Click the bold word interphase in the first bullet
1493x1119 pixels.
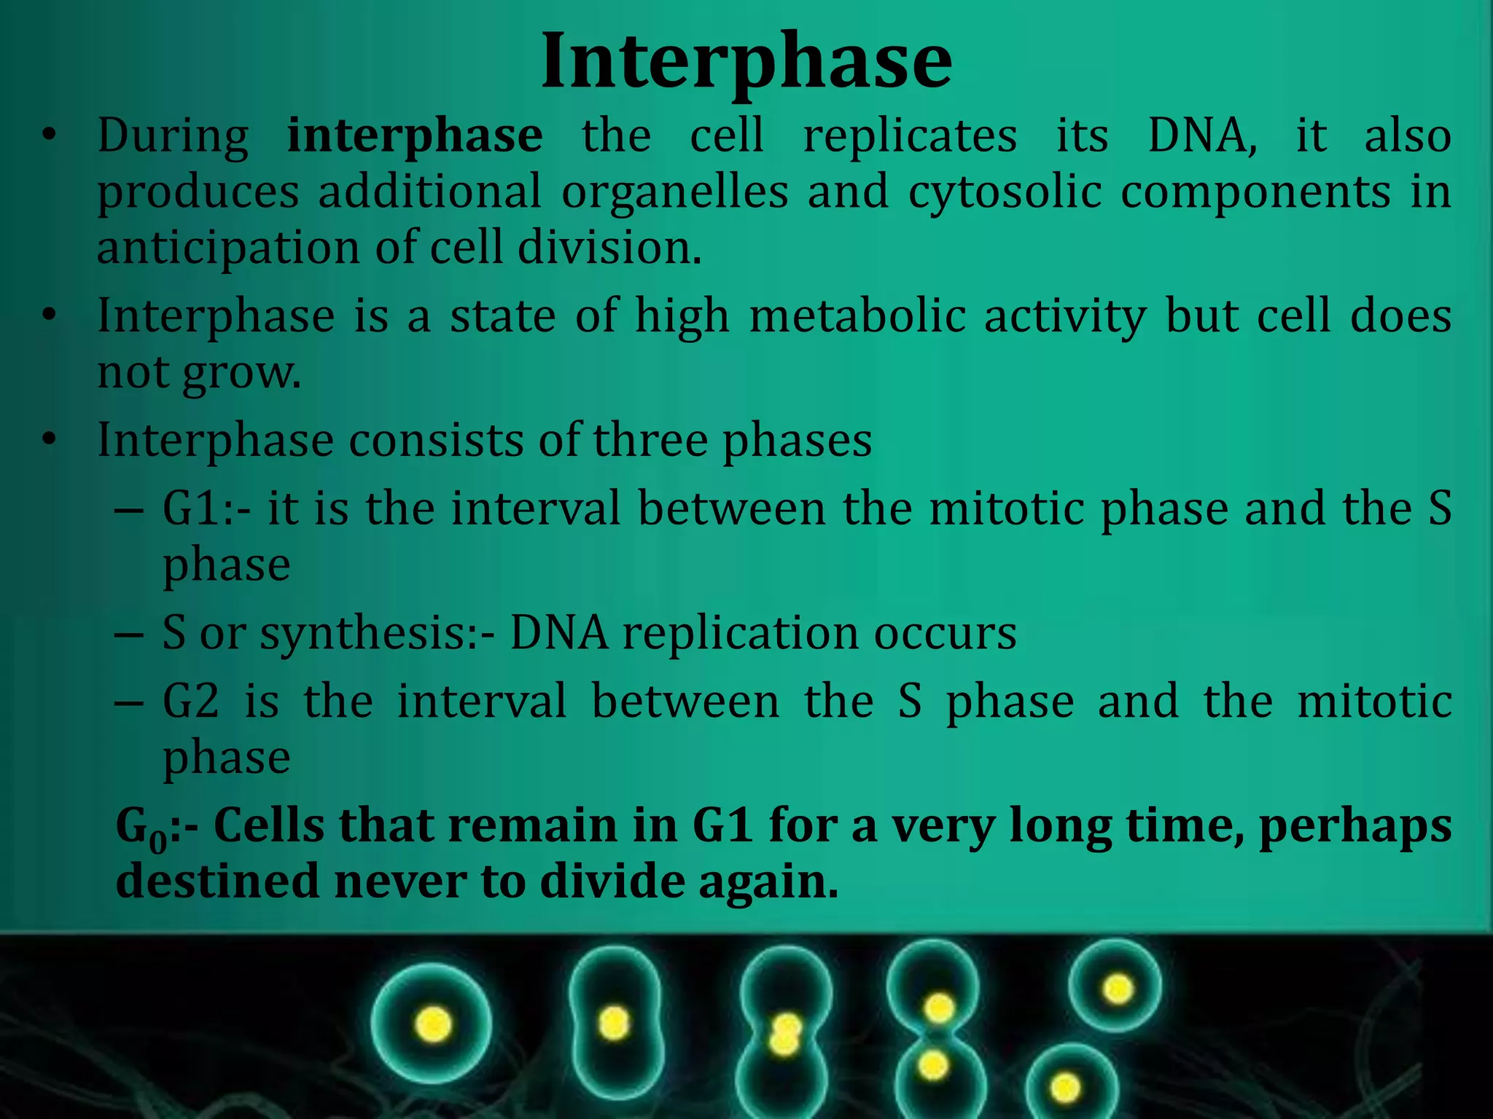click(x=414, y=137)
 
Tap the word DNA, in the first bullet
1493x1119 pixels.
click(x=1202, y=136)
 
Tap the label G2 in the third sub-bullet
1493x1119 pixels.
click(x=191, y=702)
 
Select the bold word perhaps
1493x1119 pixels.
click(x=1354, y=827)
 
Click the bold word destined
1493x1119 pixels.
click(x=217, y=882)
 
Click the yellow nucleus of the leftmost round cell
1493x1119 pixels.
click(x=433, y=1024)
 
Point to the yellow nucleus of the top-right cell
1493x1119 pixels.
click(x=1118, y=989)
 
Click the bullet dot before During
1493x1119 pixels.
click(x=49, y=136)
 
